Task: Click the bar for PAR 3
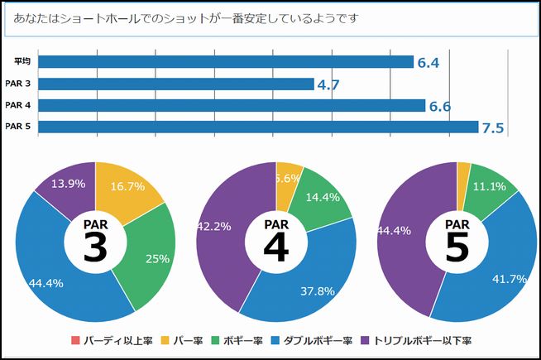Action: click(x=175, y=84)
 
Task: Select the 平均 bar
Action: click(x=225, y=62)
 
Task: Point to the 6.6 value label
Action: click(x=440, y=106)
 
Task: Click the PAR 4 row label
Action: click(x=18, y=105)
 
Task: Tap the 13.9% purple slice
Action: click(x=66, y=186)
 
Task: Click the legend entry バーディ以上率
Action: click(x=114, y=340)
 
